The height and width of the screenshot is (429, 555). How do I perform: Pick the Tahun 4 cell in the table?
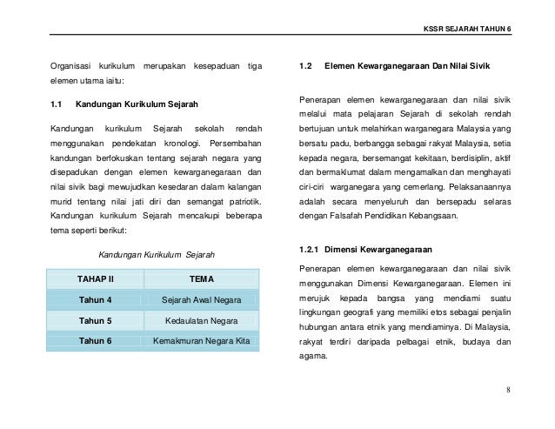(96, 299)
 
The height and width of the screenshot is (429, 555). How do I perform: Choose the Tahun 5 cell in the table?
(96, 319)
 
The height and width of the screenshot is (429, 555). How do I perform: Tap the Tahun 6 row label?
(96, 340)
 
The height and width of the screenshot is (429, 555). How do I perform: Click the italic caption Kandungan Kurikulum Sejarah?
(156, 255)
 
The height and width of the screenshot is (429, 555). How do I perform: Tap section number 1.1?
(57, 107)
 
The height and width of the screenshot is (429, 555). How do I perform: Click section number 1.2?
(304, 65)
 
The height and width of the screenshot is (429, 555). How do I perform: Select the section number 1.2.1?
(309, 251)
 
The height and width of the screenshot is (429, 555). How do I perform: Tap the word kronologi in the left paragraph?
(177, 144)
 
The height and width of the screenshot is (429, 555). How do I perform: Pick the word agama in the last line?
(311, 356)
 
